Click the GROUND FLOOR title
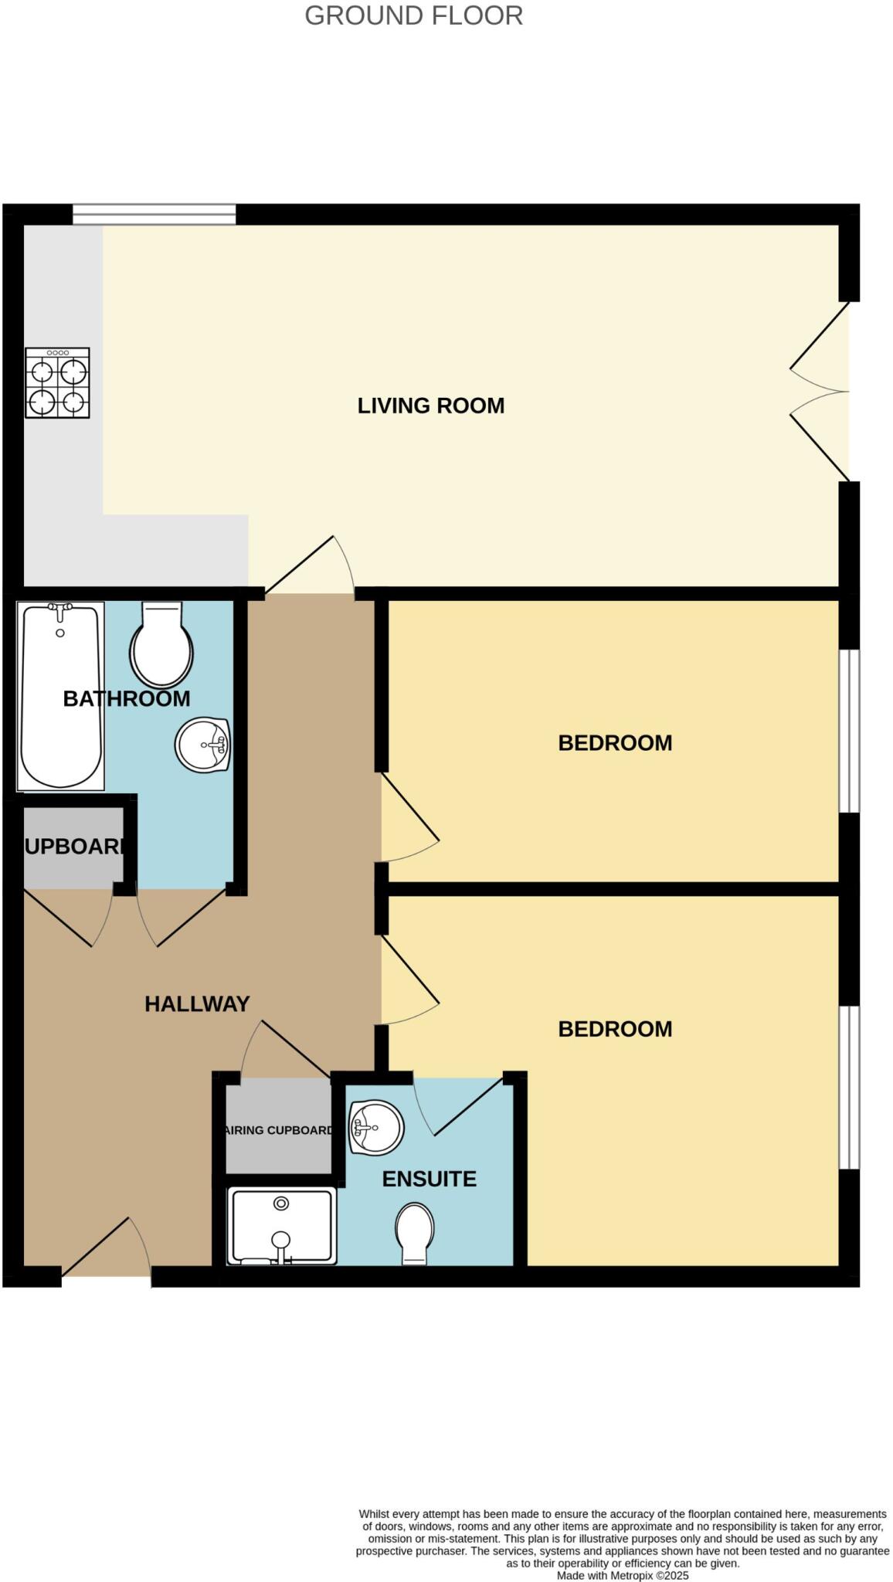click(x=413, y=15)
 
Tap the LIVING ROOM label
click(x=430, y=406)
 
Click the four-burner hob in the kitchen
click(x=57, y=382)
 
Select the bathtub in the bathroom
click(x=60, y=695)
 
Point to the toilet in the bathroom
click(x=161, y=645)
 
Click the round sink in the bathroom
click(x=203, y=745)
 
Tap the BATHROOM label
click(x=127, y=698)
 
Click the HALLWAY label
click(x=197, y=1003)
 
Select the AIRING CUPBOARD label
click(x=279, y=1130)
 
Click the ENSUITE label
click(x=430, y=1179)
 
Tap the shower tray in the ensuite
click(x=282, y=1226)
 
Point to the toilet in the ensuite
click(x=415, y=1234)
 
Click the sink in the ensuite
click(x=376, y=1127)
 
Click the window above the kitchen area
click(x=154, y=214)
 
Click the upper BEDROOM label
click(x=615, y=743)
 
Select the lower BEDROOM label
click(x=615, y=1029)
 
